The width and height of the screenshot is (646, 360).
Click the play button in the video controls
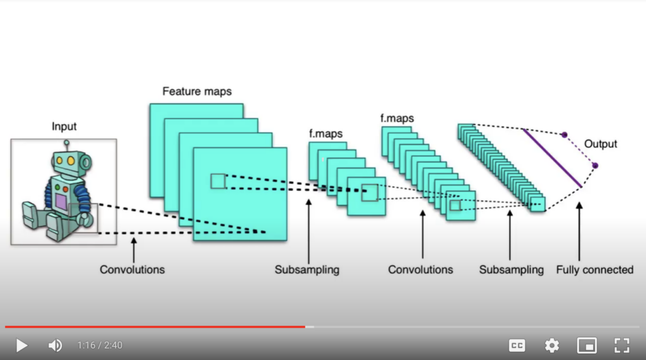pyautogui.click(x=21, y=345)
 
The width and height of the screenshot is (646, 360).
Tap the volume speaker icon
pyautogui.click(x=55, y=345)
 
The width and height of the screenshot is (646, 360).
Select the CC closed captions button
pyautogui.click(x=517, y=345)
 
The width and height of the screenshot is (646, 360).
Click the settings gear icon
pyautogui.click(x=552, y=345)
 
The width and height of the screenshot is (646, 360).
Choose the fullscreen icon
pyautogui.click(x=621, y=345)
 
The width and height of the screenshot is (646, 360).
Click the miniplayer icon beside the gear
pyautogui.click(x=587, y=345)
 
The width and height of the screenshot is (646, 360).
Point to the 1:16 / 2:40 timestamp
pyautogui.click(x=100, y=345)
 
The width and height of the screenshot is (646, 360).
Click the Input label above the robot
pyautogui.click(x=64, y=127)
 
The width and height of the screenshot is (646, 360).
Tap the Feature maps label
pyautogui.click(x=197, y=91)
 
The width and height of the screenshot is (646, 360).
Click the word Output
pyautogui.click(x=601, y=144)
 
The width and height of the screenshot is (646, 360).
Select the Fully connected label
pyautogui.click(x=594, y=270)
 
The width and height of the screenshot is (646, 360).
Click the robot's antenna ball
pyautogui.click(x=66, y=143)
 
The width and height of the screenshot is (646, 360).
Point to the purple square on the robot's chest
pyautogui.click(x=61, y=202)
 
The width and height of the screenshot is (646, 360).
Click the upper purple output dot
pyautogui.click(x=564, y=134)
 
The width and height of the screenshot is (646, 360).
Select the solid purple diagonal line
pyautogui.click(x=552, y=158)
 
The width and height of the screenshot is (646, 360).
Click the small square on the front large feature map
pyautogui.click(x=218, y=181)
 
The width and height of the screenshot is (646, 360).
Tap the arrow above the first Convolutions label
pyautogui.click(x=133, y=249)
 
